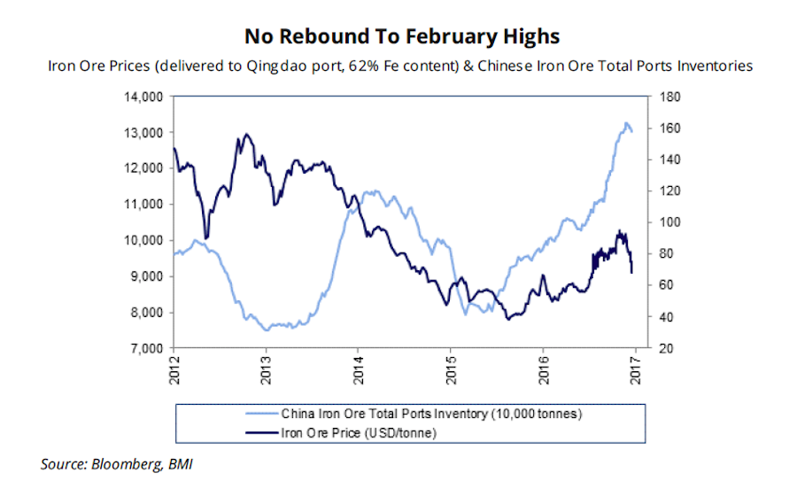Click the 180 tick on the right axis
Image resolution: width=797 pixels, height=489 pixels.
pos(666,96)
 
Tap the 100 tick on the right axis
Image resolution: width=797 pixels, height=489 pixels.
pos(666,222)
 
